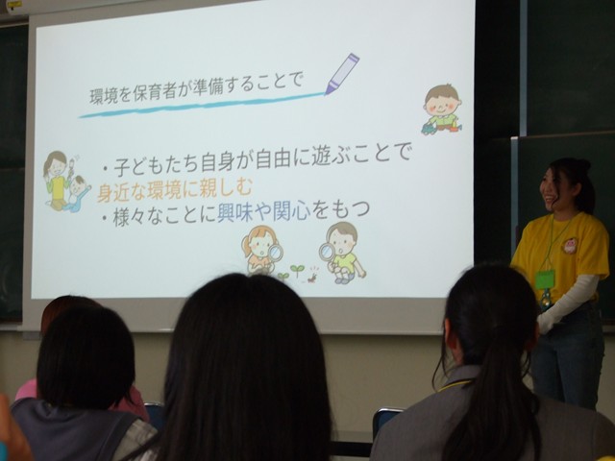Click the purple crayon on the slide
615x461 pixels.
click(342, 74)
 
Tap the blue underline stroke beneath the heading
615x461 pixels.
click(202, 105)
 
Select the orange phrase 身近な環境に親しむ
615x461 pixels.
click(175, 190)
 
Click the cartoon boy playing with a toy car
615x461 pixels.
click(442, 109)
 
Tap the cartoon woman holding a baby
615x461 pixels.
click(66, 182)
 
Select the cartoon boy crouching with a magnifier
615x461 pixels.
click(343, 253)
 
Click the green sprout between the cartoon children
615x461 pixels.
click(297, 269)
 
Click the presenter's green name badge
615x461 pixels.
click(545, 279)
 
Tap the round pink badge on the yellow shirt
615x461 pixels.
click(570, 246)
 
